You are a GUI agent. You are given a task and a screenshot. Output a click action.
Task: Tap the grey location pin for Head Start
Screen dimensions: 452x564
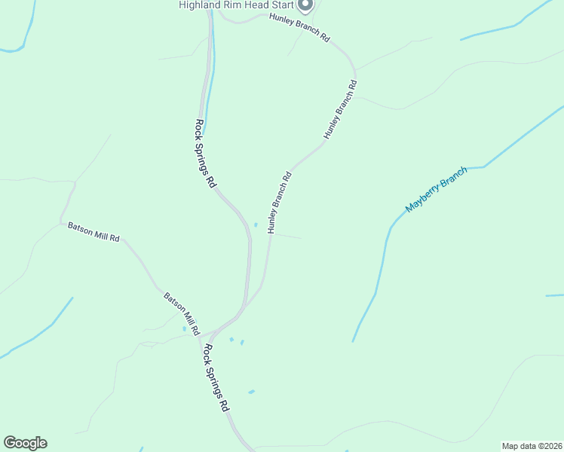point(305,6)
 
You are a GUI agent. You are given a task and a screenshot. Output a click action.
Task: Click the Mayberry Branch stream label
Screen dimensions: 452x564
point(437,189)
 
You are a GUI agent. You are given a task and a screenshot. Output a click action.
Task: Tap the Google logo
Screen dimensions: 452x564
point(25,443)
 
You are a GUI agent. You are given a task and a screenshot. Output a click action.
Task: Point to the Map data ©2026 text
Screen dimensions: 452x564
point(531,446)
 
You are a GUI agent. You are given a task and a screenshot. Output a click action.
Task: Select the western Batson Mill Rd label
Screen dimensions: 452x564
point(93,231)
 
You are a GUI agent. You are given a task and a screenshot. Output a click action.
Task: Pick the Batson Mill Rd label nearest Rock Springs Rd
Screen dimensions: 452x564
point(182,313)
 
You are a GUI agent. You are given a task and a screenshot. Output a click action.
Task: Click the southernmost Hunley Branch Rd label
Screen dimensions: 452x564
point(278,203)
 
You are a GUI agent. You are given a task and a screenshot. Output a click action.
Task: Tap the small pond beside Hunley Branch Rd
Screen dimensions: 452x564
point(256,224)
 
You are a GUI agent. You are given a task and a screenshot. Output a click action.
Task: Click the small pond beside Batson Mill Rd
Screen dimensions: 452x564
point(184,328)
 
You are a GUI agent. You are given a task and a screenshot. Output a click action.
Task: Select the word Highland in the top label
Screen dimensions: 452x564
point(198,5)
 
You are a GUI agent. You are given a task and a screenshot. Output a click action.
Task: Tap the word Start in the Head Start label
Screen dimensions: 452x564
point(277,5)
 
